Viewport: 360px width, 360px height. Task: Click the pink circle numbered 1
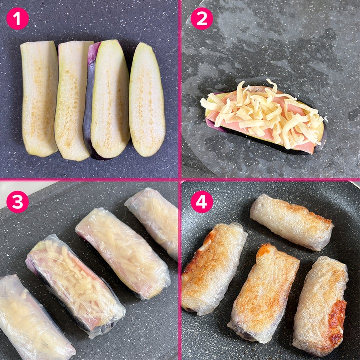(x=18, y=19)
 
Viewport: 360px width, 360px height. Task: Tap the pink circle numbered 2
(x=202, y=19)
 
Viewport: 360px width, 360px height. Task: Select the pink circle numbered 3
(x=18, y=202)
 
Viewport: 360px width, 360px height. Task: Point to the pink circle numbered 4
(x=202, y=202)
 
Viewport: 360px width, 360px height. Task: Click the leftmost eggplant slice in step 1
(x=39, y=98)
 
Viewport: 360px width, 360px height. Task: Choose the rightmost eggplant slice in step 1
(x=147, y=100)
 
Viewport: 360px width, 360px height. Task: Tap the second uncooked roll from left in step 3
(x=76, y=286)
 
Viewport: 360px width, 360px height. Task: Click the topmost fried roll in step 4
(x=292, y=222)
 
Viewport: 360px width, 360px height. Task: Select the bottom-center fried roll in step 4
(x=264, y=294)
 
